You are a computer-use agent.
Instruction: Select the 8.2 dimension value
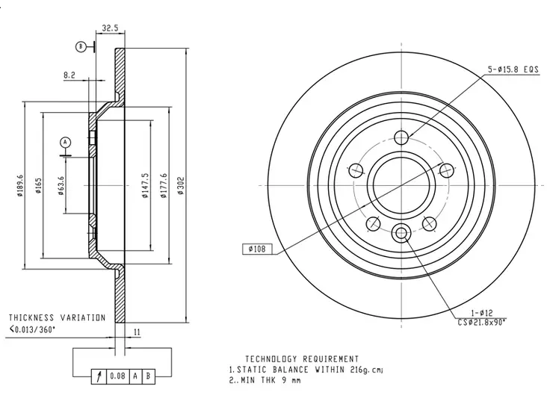click(x=69, y=75)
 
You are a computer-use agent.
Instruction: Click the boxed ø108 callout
click(x=256, y=249)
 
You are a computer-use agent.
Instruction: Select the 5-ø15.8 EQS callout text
click(x=513, y=69)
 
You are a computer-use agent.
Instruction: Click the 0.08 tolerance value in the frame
click(x=117, y=376)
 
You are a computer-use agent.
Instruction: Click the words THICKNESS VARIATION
click(x=57, y=317)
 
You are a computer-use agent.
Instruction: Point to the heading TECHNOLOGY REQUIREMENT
click(x=302, y=359)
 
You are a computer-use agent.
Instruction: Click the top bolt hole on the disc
click(x=401, y=136)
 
